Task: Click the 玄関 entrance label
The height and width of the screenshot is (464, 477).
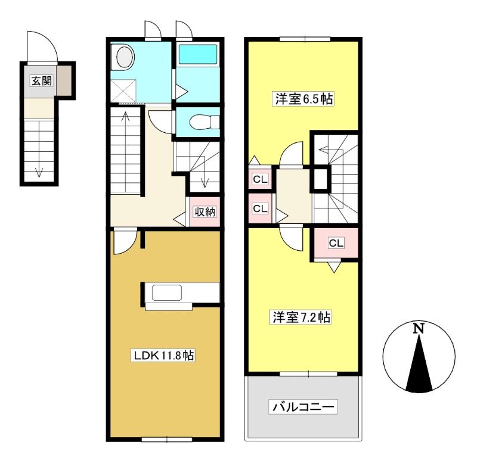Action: tap(42, 81)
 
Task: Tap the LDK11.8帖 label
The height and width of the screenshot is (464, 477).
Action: tap(163, 355)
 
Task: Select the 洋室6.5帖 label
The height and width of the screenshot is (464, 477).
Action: tap(304, 99)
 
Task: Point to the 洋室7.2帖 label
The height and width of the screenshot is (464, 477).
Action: tap(301, 317)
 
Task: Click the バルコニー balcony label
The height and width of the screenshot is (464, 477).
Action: tap(303, 407)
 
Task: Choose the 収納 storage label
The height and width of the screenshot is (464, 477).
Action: tap(205, 212)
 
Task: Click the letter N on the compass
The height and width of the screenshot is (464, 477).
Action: tap(419, 328)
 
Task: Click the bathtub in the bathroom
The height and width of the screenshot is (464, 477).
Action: tap(198, 54)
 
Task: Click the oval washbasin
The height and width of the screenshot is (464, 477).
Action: tap(125, 57)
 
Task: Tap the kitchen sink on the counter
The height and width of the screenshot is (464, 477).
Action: tap(167, 292)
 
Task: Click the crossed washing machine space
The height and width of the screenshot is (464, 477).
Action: tap(123, 91)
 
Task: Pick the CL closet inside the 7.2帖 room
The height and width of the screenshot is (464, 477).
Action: tap(336, 243)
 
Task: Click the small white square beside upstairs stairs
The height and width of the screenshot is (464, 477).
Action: tap(320, 179)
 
